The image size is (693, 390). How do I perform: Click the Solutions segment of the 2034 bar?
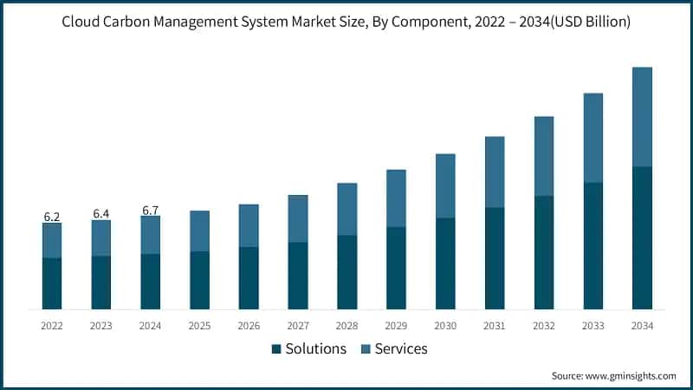642,237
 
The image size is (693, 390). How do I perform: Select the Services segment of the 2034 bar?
642,117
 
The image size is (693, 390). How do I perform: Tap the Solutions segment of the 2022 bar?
52,283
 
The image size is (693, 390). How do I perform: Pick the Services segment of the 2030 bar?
445,185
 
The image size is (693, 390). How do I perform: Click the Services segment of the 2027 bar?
298,218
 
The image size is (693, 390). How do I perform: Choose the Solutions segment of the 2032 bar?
543,252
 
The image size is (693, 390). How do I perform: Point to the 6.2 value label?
52,217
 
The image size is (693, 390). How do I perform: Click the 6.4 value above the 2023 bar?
101,213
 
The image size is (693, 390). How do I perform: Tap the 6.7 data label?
151,210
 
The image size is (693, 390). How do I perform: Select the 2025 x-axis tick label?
199,326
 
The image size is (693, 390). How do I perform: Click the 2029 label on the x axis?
396,326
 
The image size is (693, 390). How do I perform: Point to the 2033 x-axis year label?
593,326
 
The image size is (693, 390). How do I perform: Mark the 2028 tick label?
346,326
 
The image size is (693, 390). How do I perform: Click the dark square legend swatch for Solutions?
276,349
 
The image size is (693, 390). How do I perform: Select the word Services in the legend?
400,349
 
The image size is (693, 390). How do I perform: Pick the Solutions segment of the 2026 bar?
249,278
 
